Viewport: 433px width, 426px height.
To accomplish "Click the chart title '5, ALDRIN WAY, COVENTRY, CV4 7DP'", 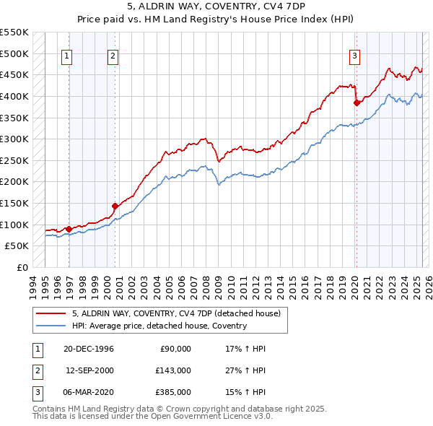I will coord(216,6).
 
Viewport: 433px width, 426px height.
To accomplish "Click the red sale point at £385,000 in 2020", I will coord(357,103).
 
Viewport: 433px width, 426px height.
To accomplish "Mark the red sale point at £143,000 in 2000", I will coord(115,206).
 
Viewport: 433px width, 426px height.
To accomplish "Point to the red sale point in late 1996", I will coord(69,229).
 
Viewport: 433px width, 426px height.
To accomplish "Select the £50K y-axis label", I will coord(17,246).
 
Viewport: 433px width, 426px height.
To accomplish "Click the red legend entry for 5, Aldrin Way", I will coord(180,313).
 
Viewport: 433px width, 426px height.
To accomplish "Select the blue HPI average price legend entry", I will coord(159,326).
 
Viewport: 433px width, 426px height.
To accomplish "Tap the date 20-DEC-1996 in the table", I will coord(89,349).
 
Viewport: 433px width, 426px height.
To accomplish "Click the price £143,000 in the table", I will coord(173,370).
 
